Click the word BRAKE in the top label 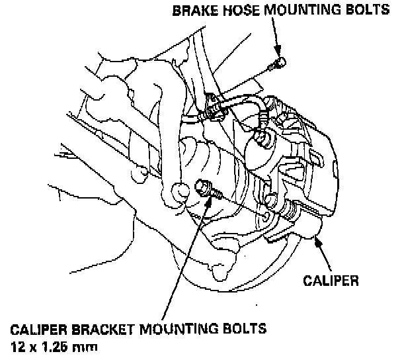(x=190, y=11)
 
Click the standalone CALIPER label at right (x=331, y=280)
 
